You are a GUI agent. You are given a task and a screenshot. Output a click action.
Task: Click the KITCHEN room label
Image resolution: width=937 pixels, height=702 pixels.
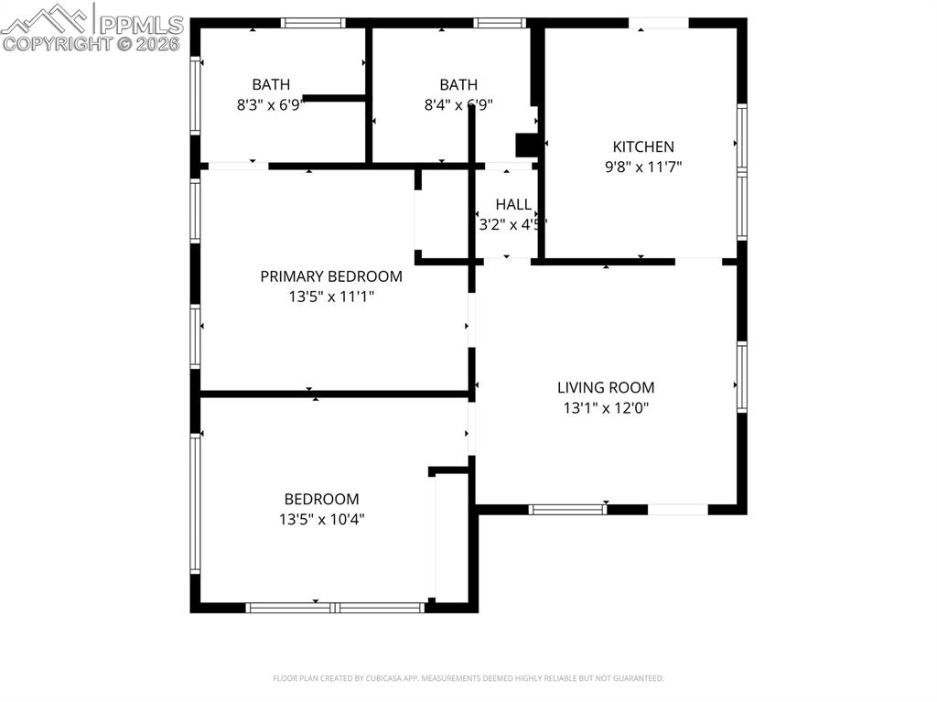642,146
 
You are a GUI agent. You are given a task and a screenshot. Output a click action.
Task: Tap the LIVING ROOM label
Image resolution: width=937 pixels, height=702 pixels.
606,387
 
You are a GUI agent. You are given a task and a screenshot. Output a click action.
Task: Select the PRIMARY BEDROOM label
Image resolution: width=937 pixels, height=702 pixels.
330,276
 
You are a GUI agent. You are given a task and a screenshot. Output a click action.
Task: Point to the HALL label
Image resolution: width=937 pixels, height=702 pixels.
513,204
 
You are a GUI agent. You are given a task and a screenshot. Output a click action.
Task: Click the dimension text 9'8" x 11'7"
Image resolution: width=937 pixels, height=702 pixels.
642,167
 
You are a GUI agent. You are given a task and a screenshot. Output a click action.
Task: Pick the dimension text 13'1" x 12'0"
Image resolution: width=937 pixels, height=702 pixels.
606,408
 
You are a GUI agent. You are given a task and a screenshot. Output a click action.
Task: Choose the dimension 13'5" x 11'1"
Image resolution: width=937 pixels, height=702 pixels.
330,297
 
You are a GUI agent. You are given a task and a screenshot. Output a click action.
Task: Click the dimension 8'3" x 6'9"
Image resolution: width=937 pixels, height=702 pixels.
270,105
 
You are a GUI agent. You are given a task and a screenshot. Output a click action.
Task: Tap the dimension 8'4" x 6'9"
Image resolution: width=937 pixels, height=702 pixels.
458,105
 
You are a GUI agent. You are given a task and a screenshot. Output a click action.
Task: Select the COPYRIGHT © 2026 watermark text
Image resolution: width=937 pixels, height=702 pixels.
92,43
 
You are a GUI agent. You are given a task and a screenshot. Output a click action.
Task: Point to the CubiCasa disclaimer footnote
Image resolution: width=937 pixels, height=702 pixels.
468,678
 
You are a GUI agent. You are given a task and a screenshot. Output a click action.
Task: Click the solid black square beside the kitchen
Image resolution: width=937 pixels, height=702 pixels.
527,146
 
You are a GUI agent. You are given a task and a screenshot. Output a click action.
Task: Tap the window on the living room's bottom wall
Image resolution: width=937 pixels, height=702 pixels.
567,509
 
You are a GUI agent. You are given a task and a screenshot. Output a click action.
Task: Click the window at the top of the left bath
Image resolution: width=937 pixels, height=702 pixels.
312,23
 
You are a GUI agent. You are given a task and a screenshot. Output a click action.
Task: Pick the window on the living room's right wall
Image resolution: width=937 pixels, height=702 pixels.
742,376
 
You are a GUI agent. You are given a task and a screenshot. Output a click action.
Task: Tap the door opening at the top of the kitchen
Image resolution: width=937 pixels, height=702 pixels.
658,23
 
